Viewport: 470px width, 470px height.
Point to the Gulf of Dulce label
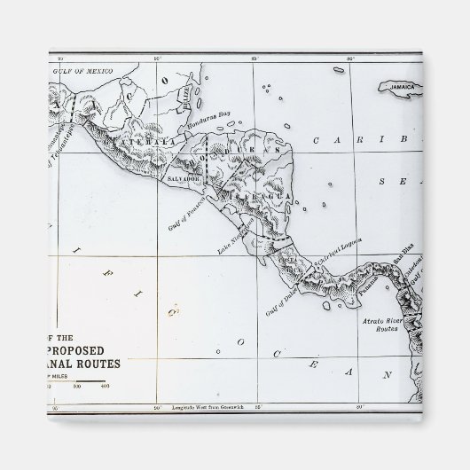[283, 300]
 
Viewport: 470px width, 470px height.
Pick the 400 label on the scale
[105, 386]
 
